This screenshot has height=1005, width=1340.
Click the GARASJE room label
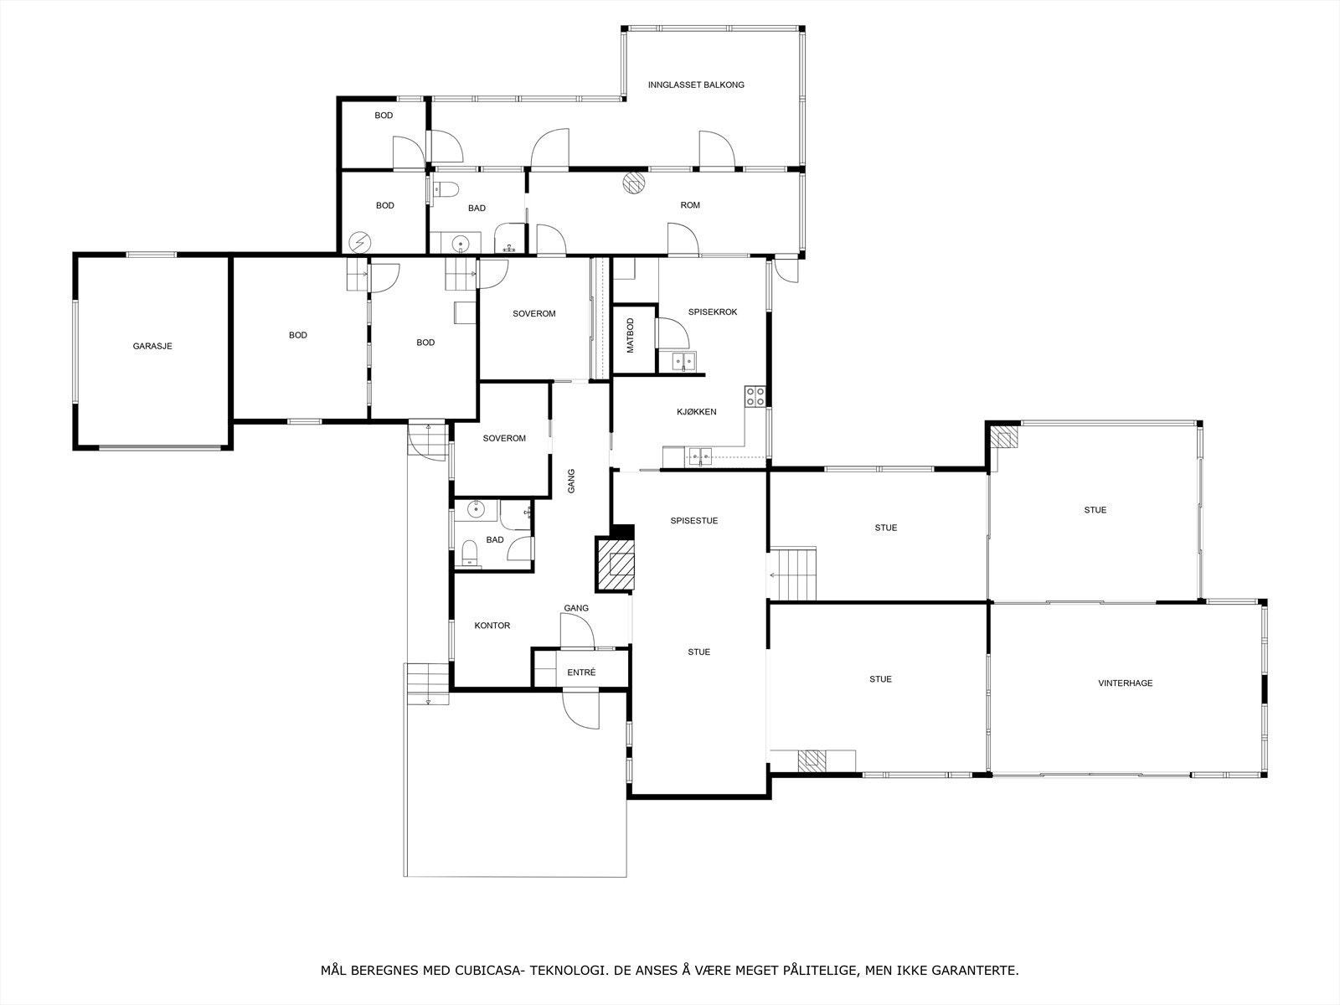152,346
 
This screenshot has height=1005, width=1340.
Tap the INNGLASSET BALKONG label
696,85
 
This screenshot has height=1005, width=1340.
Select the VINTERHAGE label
1125,683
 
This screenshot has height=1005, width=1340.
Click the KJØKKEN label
696,412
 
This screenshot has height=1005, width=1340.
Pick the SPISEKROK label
712,312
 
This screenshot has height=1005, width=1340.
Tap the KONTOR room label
492,626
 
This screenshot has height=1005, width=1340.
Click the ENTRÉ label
581,673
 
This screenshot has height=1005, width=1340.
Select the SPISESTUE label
693,521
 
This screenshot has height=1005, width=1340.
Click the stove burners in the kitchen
755,396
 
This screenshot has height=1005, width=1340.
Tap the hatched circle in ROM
634,183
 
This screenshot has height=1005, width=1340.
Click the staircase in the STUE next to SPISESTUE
793,574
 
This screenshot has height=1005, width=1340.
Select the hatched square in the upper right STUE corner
1002,437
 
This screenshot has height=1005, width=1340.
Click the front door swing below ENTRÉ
581,709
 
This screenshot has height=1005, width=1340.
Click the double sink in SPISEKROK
684,362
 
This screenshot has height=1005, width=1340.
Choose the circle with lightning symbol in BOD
359,242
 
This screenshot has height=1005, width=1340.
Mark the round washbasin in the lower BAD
476,508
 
